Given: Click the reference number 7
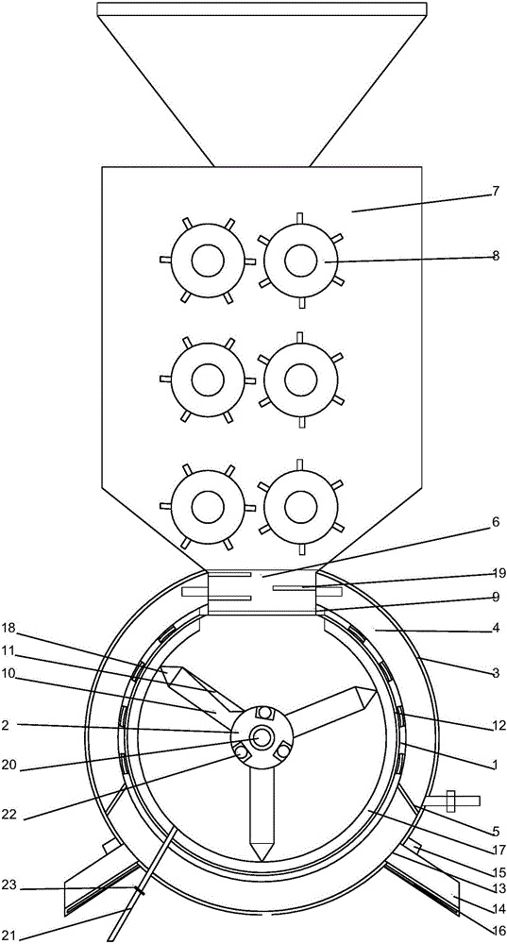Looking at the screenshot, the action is coord(495,192).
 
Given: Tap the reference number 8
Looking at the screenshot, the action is coord(495,255).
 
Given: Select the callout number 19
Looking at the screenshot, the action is coord(499,573).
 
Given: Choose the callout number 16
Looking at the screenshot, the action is coord(499,931).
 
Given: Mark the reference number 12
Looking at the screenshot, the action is coord(499,725).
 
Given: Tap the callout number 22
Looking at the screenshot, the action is coord(9,816).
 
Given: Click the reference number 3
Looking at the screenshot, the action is coord(495,673).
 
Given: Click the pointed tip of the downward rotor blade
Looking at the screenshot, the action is coord(262,860).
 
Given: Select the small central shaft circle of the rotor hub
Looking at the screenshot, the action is coord(262,737).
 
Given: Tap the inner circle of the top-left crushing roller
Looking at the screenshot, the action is coord(208,261).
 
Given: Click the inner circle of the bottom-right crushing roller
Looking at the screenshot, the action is coord(300,507).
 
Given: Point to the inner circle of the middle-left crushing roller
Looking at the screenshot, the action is coord(208,379).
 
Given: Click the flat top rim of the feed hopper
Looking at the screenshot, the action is coord(262,9).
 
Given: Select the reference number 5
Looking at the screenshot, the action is coord(495,833).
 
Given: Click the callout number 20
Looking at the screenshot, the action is coord(9,768).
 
